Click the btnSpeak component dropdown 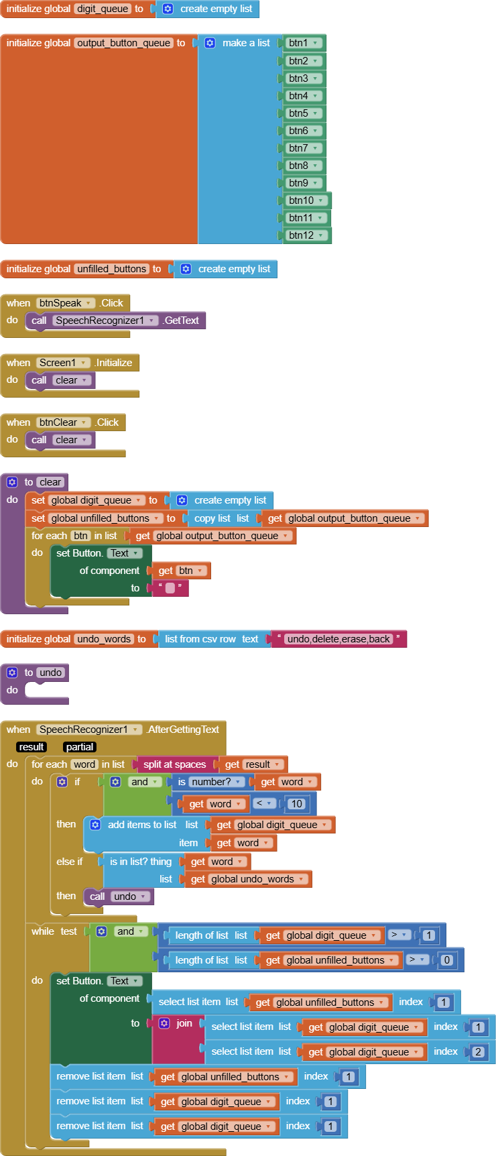[x=65, y=303]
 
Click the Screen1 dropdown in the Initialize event [x=63, y=363]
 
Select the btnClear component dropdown [x=63, y=422]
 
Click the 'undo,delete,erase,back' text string [x=338, y=639]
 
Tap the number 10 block [x=296, y=803]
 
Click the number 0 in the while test [x=447, y=960]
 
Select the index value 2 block [x=478, y=1051]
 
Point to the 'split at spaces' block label [x=174, y=764]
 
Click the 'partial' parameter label [x=80, y=747]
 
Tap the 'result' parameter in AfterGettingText [x=32, y=747]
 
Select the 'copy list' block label [x=212, y=518]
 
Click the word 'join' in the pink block [x=184, y=1023]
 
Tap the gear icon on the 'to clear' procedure [x=12, y=482]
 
